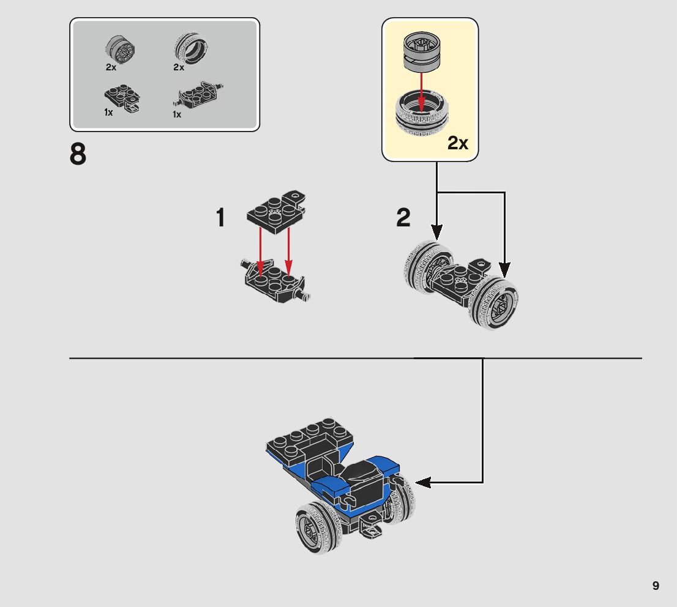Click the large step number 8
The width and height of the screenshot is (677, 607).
[x=78, y=155]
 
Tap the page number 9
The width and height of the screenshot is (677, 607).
[x=656, y=586]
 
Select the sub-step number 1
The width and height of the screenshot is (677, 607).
[x=221, y=218]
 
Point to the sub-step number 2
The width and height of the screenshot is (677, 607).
[x=403, y=218]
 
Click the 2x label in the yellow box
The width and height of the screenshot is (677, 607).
[x=457, y=143]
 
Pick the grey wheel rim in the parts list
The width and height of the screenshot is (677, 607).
[x=120, y=49]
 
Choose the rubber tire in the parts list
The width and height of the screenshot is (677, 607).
[x=190, y=49]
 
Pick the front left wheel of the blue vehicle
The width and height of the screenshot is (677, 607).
[x=318, y=527]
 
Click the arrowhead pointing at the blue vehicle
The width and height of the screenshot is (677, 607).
[x=423, y=482]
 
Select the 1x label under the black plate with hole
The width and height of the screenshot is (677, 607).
[x=108, y=113]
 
